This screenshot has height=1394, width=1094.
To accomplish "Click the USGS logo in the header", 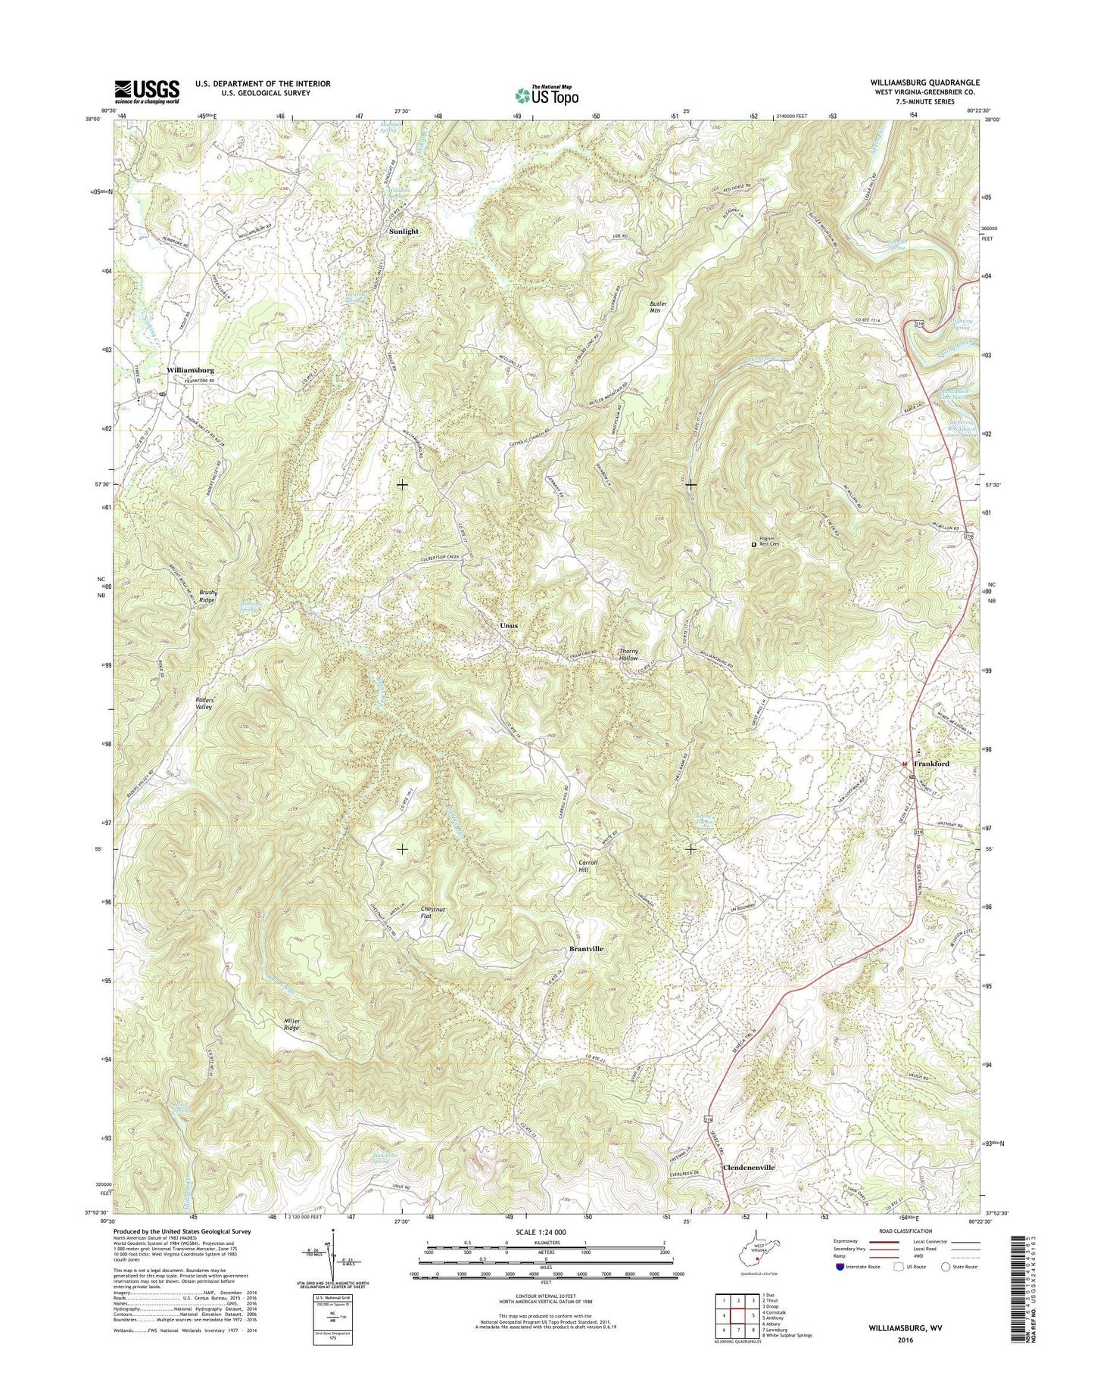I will [x=147, y=91].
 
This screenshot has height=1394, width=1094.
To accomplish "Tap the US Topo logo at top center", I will [x=547, y=95].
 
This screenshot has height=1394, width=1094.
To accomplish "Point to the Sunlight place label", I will [x=403, y=231].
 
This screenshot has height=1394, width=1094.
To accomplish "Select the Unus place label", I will [x=508, y=626].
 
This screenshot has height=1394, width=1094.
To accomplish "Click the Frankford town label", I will [x=930, y=764].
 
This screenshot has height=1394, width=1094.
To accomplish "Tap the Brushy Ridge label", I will [x=208, y=595].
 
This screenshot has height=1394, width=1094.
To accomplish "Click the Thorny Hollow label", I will [x=629, y=654].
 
